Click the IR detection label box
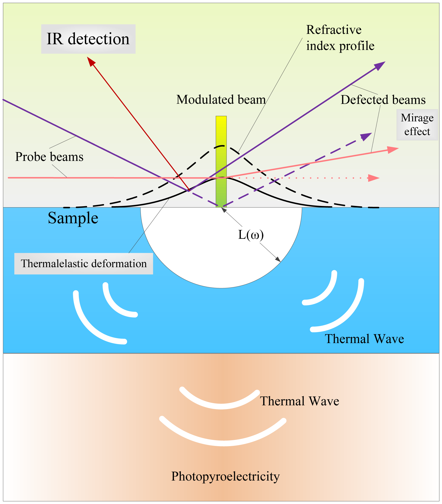(x=88, y=39)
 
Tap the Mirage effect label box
(x=417, y=125)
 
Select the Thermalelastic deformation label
(x=83, y=264)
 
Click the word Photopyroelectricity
(x=225, y=476)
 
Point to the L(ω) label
(x=251, y=235)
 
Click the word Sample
(x=73, y=218)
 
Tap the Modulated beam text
(x=221, y=100)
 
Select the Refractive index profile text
(x=340, y=38)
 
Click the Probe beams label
(x=49, y=157)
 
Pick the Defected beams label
(x=383, y=100)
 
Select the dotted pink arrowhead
(x=374, y=178)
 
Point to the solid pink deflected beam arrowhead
(x=393, y=149)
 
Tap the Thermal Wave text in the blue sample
(x=364, y=339)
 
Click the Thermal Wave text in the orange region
(x=299, y=401)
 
